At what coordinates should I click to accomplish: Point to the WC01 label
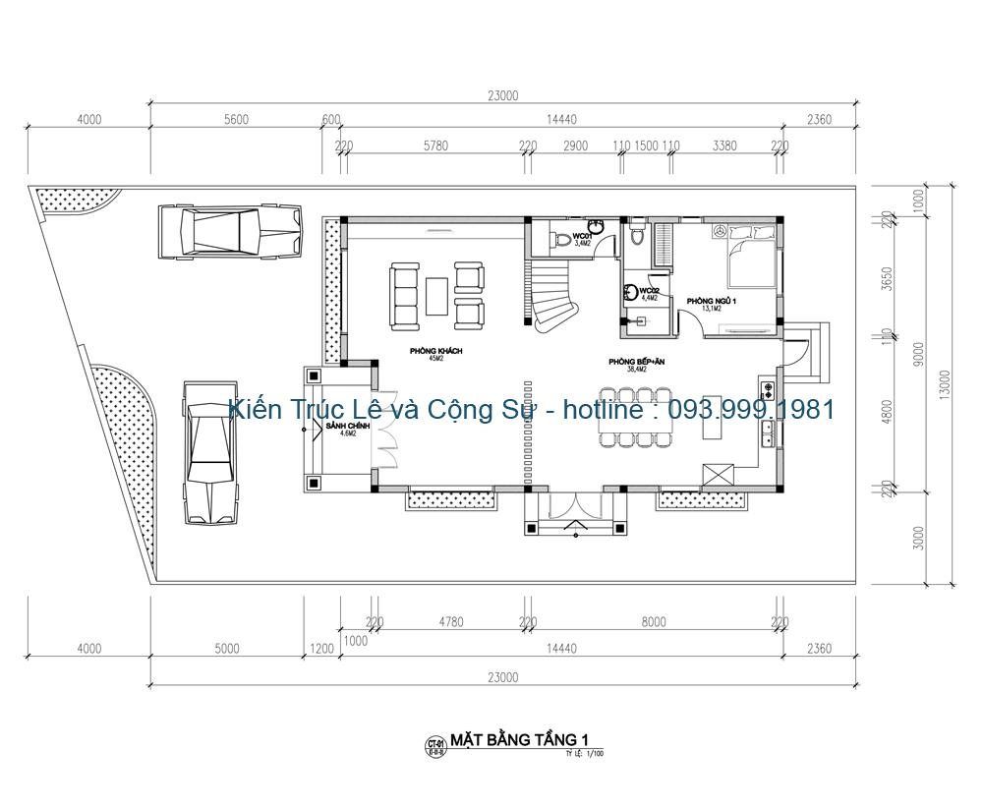(x=582, y=238)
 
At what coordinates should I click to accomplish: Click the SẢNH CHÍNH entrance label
(x=342, y=427)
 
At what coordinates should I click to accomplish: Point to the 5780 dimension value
(x=435, y=145)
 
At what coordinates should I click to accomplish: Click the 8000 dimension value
(x=654, y=621)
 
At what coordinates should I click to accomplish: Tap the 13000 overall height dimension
(x=946, y=383)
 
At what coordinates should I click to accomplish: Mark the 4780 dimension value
(x=450, y=621)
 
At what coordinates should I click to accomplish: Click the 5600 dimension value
(x=236, y=120)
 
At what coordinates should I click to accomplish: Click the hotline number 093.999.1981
(x=752, y=409)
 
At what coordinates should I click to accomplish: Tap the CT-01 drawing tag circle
(x=433, y=744)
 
